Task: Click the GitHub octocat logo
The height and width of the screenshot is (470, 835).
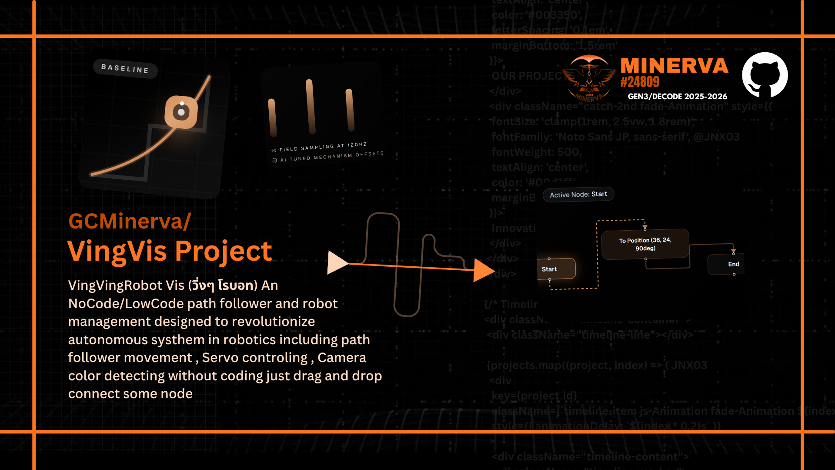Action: point(765,75)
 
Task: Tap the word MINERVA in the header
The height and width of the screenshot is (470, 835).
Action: point(674,66)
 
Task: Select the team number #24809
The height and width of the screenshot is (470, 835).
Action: point(640,82)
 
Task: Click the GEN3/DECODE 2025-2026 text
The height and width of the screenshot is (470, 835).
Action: point(677,97)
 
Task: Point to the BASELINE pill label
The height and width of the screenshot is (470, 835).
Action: point(125,68)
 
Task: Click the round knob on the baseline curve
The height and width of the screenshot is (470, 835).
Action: point(181,112)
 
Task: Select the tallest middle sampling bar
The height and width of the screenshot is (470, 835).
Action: point(311,107)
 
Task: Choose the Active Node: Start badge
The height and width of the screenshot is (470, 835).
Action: point(578,195)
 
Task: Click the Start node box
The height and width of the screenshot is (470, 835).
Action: point(556,269)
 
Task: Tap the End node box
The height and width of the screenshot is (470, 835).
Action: point(728,264)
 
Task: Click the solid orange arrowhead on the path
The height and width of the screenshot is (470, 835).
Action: point(483,270)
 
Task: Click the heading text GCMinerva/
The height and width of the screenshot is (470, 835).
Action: point(130,221)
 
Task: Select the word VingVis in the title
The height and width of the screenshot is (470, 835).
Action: point(117,251)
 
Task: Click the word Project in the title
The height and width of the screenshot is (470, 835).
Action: point(224,251)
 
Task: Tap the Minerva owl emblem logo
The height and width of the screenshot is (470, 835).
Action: point(589,78)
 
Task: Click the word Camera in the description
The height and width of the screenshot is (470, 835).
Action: point(342,358)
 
